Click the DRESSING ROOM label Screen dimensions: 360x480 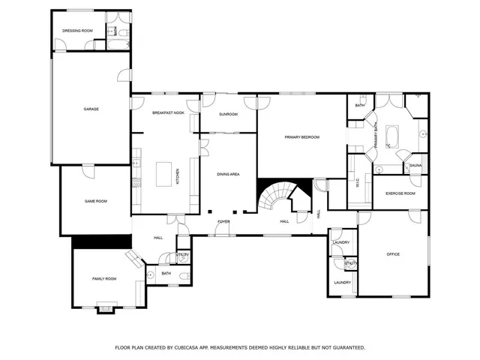77,31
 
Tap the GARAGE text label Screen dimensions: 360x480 91,109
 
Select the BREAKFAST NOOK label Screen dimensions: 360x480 168,112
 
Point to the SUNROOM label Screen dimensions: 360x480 228,115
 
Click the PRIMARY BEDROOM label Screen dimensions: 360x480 301,137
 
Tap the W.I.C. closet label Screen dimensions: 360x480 358,182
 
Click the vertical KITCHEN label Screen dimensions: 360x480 178,177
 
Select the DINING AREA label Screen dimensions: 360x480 228,174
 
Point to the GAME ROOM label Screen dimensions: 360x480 95,201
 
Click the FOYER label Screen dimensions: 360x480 223,222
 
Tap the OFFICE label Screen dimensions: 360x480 393,254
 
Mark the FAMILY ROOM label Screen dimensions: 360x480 104,278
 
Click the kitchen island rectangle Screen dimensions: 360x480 163,175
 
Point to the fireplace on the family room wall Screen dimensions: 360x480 108,307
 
